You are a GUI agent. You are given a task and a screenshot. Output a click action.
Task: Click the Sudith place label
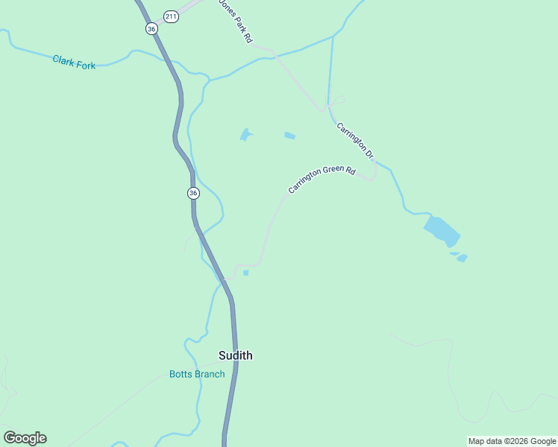[235, 355]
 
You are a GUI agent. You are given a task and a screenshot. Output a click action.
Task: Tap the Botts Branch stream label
[197, 374]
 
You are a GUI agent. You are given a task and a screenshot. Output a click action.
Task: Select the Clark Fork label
[74, 62]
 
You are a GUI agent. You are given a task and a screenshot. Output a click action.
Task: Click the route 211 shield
[172, 16]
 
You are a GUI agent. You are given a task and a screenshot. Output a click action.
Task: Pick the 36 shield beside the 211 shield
[151, 28]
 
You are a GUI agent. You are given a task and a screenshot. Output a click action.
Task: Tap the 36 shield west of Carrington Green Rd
[193, 193]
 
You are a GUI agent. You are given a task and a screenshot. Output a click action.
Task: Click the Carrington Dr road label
[354, 141]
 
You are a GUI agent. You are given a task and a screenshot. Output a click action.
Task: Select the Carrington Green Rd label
[322, 180]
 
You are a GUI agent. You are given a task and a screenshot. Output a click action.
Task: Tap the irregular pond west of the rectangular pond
[245, 135]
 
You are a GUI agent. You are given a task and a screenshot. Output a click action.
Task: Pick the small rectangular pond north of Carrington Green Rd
[289, 136]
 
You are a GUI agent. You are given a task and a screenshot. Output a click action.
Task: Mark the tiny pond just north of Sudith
[245, 273]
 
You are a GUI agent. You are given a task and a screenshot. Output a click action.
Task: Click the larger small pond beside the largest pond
[462, 259]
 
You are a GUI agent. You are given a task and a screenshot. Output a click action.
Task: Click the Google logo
[25, 438]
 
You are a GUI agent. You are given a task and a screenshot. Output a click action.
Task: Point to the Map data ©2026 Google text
[512, 441]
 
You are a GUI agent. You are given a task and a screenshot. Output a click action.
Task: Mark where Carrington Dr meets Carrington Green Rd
[373, 177]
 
